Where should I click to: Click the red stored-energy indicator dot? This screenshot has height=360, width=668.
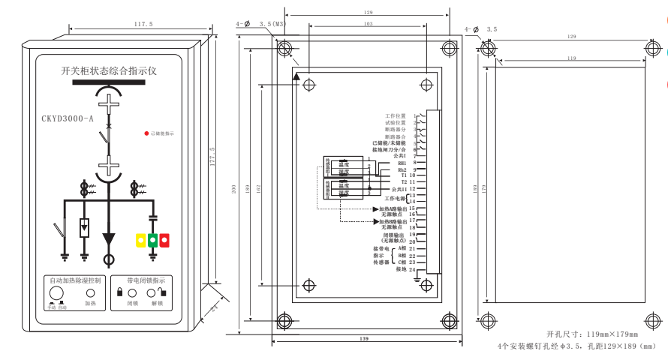point(146,133)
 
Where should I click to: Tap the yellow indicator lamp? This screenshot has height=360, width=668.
point(140,240)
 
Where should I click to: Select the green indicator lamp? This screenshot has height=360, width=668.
point(152,240)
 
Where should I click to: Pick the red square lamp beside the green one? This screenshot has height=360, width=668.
point(164,240)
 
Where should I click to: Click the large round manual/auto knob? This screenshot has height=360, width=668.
point(56,292)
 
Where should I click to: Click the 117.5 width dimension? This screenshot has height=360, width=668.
point(143,25)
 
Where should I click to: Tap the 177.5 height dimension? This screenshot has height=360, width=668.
point(212,160)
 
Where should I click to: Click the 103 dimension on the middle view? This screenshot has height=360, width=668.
point(368,24)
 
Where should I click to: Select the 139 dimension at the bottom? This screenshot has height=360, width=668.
point(364,339)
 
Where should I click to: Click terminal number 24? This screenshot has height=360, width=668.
point(412,269)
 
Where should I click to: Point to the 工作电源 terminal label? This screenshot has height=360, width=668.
point(395,199)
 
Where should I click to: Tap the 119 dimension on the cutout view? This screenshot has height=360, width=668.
point(572,58)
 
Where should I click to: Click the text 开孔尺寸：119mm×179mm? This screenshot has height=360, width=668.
point(592,334)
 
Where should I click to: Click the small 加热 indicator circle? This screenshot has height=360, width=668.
point(89,292)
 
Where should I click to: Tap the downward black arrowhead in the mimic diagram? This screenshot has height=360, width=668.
point(110,239)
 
